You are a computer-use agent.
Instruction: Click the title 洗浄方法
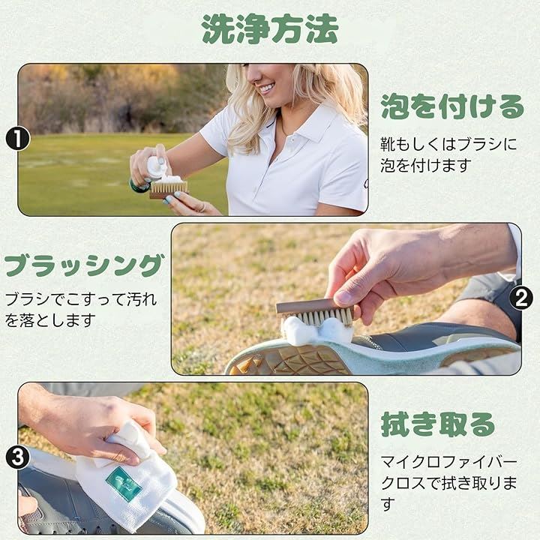pyautogui.click(x=270, y=29)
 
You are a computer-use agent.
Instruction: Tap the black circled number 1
pyautogui.click(x=17, y=139)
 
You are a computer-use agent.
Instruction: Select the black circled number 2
pyautogui.click(x=521, y=298)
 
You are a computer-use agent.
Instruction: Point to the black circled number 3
pyautogui.click(x=17, y=457)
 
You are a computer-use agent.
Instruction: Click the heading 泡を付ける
pyautogui.click(x=452, y=106)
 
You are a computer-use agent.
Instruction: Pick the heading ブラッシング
pyautogui.click(x=84, y=265)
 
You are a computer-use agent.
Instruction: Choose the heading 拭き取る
pyautogui.click(x=437, y=424)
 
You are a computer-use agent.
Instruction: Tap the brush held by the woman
pyautogui.click(x=169, y=190)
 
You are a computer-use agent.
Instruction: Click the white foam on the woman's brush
pyautogui.click(x=169, y=179)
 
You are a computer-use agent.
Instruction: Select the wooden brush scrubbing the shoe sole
pyautogui.click(x=316, y=311)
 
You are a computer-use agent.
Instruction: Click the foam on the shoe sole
pyautogui.click(x=316, y=331)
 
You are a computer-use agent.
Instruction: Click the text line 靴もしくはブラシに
pyautogui.click(x=448, y=144)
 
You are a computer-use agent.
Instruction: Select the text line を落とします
pyautogui.click(x=50, y=320)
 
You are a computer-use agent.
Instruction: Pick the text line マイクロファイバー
pyautogui.click(x=449, y=462)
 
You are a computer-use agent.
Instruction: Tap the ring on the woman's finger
pyautogui.click(x=202, y=207)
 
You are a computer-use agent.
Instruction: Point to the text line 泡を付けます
pyautogui.click(x=426, y=166)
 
